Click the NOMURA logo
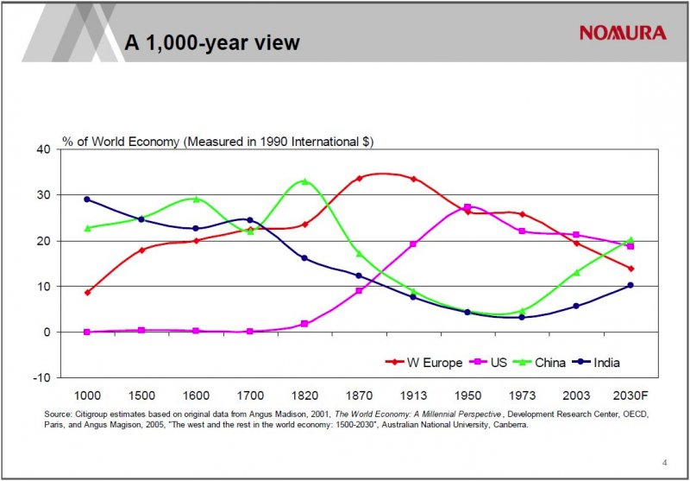pyautogui.click(x=623, y=33)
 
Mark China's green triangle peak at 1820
pyautogui.click(x=304, y=181)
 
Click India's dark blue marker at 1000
pyautogui.click(x=87, y=199)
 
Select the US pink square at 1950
pyautogui.click(x=467, y=207)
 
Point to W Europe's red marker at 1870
pyautogui.click(x=359, y=179)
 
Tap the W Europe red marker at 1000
pyautogui.click(x=87, y=293)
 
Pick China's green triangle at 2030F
pyautogui.click(x=630, y=239)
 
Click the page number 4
pyautogui.click(x=664, y=461)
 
